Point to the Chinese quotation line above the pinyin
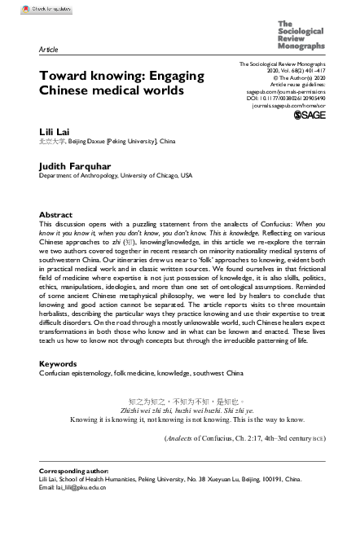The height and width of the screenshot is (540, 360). (x=181, y=401)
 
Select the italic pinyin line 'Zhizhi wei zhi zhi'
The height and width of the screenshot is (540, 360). (x=181, y=410)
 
